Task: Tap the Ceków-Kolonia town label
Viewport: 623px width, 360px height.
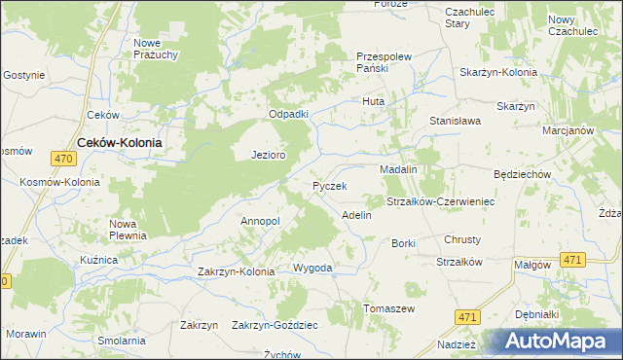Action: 119,141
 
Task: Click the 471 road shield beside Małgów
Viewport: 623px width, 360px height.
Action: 572,260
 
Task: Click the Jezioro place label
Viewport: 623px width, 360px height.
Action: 268,155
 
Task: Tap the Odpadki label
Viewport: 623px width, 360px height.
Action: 288,114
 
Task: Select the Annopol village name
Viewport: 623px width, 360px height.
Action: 260,221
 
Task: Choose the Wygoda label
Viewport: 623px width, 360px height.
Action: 312,268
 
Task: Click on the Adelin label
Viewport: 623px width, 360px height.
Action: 356,214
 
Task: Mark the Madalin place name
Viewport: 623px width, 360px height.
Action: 398,169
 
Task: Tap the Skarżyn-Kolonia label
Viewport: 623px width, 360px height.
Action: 499,73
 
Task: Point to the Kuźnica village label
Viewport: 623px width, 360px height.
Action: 99,261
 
